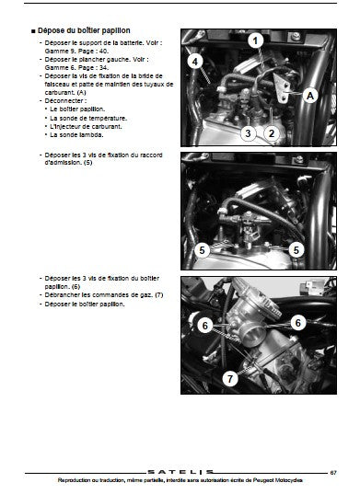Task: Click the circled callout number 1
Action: pyautogui.click(x=256, y=41)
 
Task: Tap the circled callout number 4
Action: pyautogui.click(x=195, y=62)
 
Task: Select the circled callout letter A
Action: pyautogui.click(x=310, y=95)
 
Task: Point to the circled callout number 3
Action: pyautogui.click(x=248, y=133)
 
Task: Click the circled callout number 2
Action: pyautogui.click(x=272, y=133)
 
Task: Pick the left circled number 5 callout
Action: pyautogui.click(x=202, y=250)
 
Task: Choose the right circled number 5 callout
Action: pyautogui.click(x=296, y=250)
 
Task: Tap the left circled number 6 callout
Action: pyautogui.click(x=205, y=325)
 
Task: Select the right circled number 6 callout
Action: pyautogui.click(x=298, y=323)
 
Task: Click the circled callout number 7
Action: pyautogui.click(x=230, y=378)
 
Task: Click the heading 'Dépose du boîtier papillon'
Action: pyautogui.click(x=84, y=30)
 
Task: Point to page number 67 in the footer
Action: pyautogui.click(x=333, y=473)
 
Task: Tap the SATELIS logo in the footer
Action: pyautogui.click(x=180, y=472)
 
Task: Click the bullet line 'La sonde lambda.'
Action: pyautogui.click(x=76, y=135)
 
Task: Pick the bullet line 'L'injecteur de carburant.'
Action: pyautogui.click(x=86, y=127)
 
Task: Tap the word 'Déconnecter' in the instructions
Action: pyautogui.click(x=64, y=101)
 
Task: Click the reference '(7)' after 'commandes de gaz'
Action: pyautogui.click(x=159, y=295)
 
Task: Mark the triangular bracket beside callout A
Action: pyautogui.click(x=283, y=87)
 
